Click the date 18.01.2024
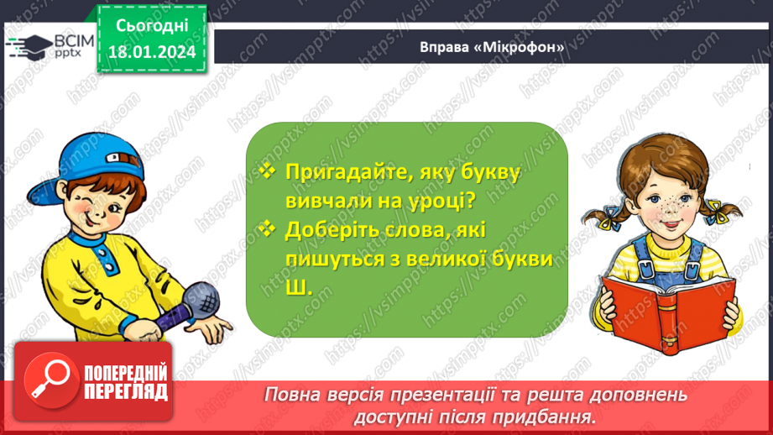(x=151, y=53)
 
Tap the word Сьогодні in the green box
(x=151, y=28)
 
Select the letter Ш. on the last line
(x=297, y=287)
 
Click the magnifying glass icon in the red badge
(x=47, y=380)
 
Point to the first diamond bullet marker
(x=268, y=170)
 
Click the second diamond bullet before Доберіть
(x=268, y=228)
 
